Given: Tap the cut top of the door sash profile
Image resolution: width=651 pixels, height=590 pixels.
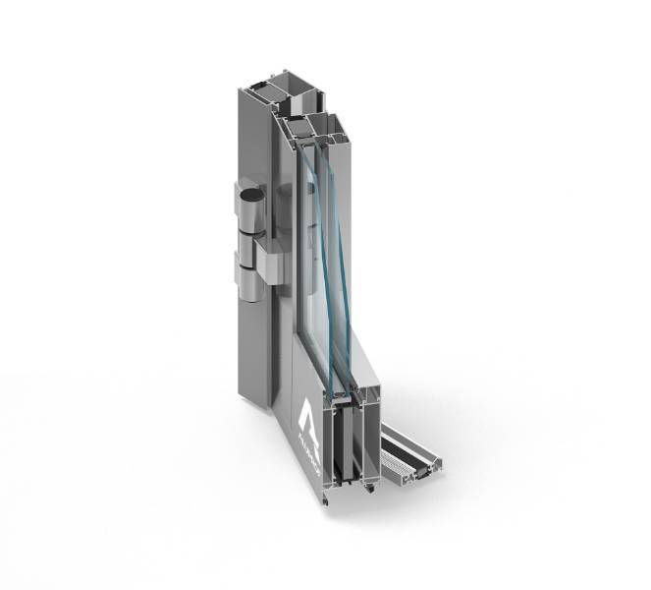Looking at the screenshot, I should pos(313,123).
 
